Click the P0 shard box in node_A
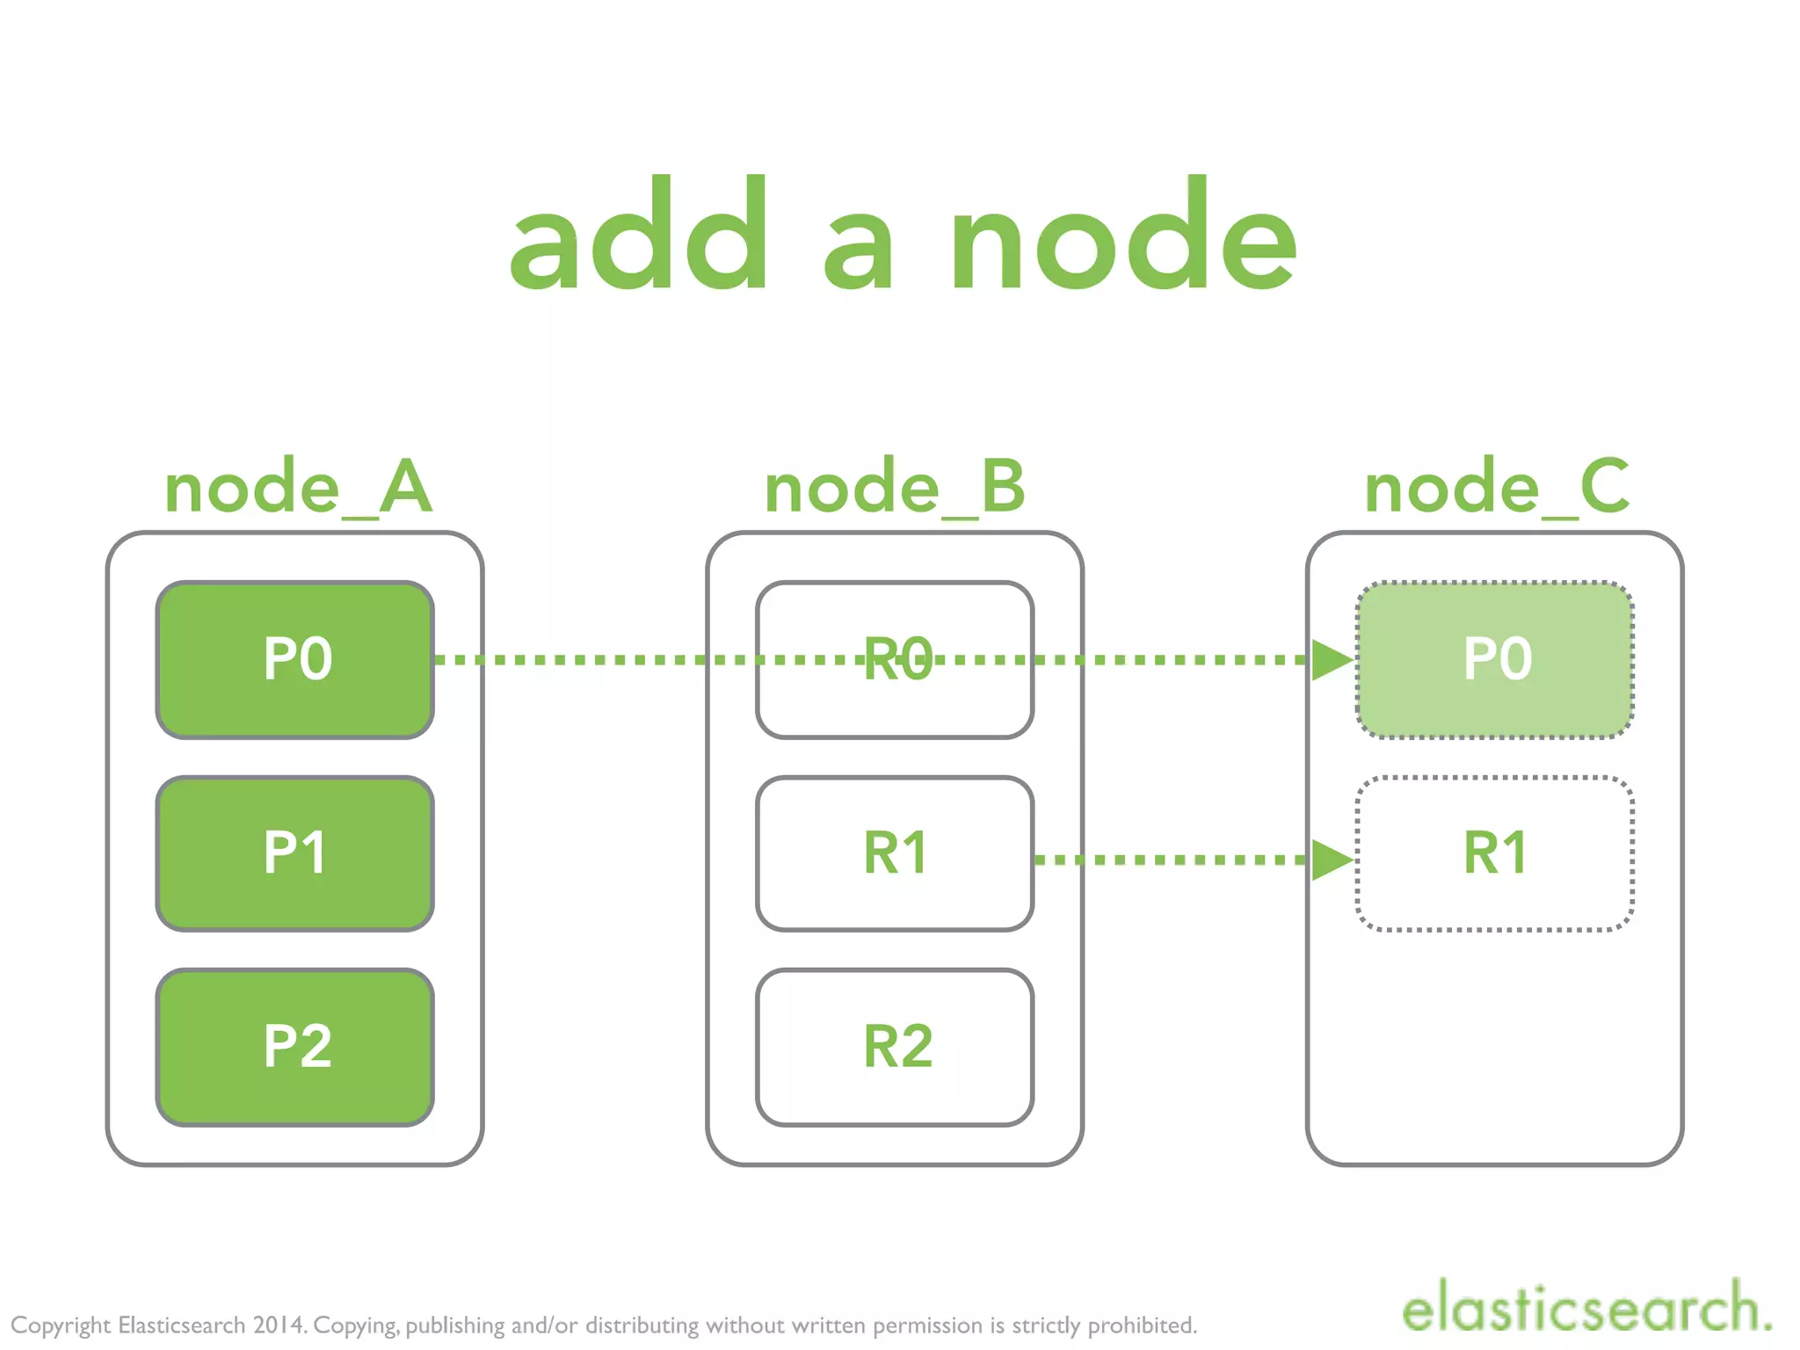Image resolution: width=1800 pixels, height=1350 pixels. (294, 659)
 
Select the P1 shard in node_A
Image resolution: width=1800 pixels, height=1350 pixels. (294, 853)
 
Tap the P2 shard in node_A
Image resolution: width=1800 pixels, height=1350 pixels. (294, 1047)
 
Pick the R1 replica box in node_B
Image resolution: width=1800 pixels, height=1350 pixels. (894, 853)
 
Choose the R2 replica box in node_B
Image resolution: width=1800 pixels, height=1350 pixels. (894, 1047)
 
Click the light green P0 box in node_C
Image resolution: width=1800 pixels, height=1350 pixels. (1495, 659)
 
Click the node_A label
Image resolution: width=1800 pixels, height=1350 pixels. (298, 487)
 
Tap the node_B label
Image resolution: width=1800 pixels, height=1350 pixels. (894, 487)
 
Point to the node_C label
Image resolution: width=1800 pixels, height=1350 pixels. (1496, 487)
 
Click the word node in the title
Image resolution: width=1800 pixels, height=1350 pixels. (1122, 237)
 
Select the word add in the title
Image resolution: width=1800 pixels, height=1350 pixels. (639, 237)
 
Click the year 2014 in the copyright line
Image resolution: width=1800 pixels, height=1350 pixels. (279, 1325)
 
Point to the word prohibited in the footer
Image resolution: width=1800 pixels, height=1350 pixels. (1142, 1325)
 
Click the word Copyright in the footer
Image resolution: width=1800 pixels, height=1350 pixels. (61, 1325)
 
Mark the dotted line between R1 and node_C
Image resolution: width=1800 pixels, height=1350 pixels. (1169, 860)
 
